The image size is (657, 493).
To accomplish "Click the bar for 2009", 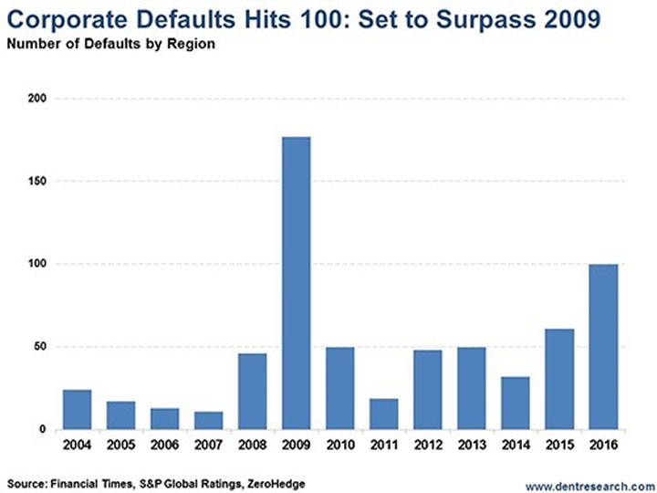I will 296,283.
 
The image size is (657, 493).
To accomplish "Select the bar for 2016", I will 602,347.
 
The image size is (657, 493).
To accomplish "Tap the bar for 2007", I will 208,420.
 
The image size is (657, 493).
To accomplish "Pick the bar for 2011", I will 383,414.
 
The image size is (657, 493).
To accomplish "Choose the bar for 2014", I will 515,403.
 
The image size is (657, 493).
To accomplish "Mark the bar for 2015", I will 558,379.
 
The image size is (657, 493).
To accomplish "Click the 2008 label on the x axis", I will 252,445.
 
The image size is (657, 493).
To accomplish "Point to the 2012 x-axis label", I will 427,445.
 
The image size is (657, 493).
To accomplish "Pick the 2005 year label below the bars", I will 120,445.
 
